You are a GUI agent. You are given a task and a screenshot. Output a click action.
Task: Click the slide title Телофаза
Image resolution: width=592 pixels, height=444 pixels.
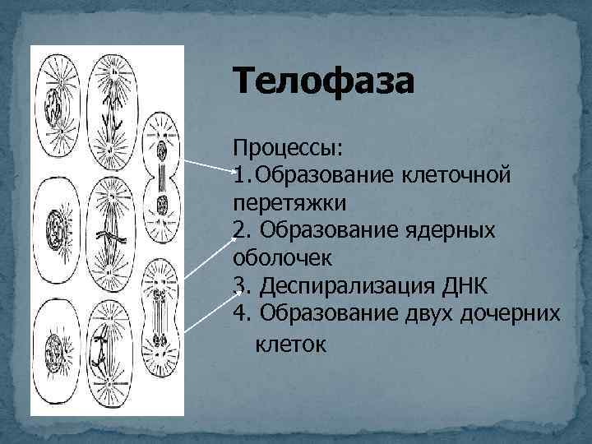(325, 82)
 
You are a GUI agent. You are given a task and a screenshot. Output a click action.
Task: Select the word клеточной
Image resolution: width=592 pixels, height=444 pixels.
(458, 176)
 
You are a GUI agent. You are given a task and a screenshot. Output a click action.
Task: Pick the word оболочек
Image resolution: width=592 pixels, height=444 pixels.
(283, 257)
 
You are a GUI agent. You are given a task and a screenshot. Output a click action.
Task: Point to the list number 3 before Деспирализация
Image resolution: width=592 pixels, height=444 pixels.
(240, 285)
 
